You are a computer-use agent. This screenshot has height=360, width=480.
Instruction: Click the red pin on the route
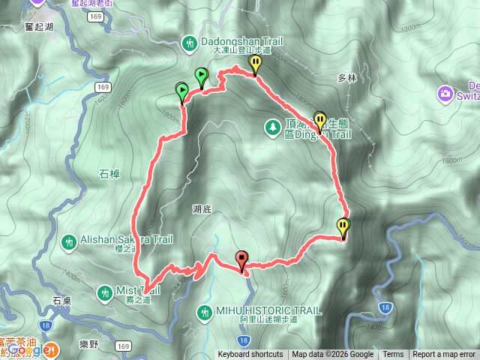coord(241,260)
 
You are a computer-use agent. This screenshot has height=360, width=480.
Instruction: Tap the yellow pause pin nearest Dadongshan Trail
coord(256,64)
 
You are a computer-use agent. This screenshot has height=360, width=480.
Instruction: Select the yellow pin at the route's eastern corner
coord(343,226)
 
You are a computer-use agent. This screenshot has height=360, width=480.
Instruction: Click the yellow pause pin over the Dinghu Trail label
coord(321,121)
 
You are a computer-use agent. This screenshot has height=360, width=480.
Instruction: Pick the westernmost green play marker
coord(181,92)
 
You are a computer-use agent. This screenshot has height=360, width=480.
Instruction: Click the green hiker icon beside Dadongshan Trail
coord(189,43)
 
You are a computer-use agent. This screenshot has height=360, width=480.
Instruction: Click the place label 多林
coord(345,77)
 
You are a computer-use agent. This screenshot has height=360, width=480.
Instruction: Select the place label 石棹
coord(109,174)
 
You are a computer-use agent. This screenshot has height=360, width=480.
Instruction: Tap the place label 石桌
coord(62,299)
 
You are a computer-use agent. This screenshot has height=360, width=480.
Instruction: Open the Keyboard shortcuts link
coord(250,355)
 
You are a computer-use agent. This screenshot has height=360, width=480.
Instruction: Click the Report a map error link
coord(445,355)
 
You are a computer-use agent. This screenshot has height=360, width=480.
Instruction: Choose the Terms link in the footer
coord(393,355)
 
